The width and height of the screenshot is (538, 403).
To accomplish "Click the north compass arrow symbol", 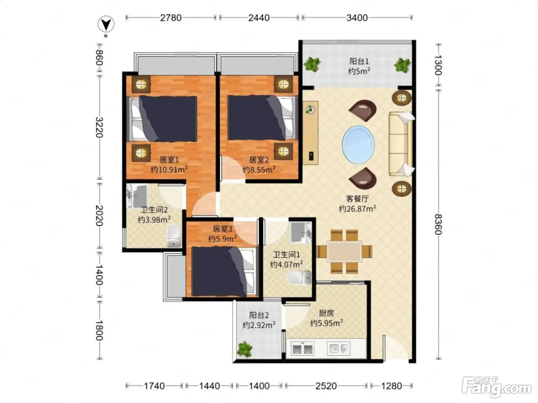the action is click(106, 24).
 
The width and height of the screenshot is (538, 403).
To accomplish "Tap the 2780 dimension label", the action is click(171, 18).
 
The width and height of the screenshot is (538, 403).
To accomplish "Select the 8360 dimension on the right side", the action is click(438, 224).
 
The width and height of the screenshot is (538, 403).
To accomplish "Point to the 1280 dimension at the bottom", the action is click(392, 386).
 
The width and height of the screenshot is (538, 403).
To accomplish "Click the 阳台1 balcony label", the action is click(359, 61).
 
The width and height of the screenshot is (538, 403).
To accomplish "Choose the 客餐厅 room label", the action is click(357, 199).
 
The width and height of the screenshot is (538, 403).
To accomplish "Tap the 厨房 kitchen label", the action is click(326, 313).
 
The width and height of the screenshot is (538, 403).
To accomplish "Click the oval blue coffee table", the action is click(358, 145).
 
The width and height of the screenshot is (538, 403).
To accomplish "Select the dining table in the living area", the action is click(344, 252).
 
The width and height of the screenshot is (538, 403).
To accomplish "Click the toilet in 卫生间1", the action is click(299, 278).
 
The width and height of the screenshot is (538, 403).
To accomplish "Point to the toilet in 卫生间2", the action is click(174, 235).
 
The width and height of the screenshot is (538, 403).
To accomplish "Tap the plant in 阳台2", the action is click(244, 349).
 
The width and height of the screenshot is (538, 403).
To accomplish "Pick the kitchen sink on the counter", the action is click(339, 348).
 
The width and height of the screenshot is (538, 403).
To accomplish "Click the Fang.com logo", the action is click(496, 387).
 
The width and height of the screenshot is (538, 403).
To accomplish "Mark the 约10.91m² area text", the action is click(169, 169).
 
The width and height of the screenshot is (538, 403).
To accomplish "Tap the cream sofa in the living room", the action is click(401, 144).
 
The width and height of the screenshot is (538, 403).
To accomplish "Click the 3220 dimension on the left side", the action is click(99, 128).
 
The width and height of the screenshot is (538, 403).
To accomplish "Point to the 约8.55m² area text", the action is click(259, 169).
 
